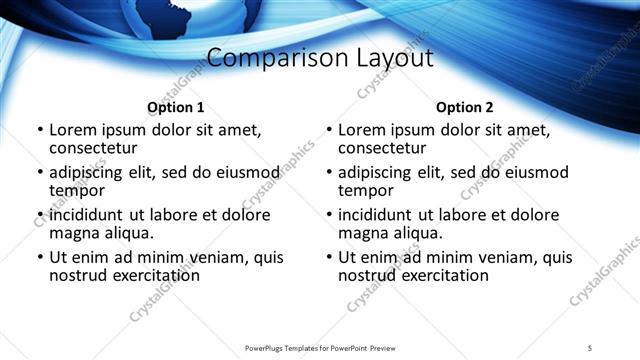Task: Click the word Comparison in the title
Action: pyautogui.click(x=261, y=58)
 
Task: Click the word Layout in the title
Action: pyautogui.click(x=392, y=58)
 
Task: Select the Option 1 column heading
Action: pyautogui.click(x=175, y=107)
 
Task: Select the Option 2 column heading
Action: pyautogui.click(x=464, y=107)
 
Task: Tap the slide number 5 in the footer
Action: pyautogui.click(x=590, y=347)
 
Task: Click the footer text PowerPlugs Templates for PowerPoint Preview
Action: pyautogui.click(x=320, y=347)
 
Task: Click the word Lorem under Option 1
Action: pyautogui.click(x=73, y=130)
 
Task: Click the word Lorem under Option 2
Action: pyautogui.click(x=362, y=130)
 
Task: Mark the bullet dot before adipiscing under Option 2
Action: pyautogui.click(x=328, y=173)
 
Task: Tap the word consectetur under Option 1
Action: pyautogui.click(x=95, y=148)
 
